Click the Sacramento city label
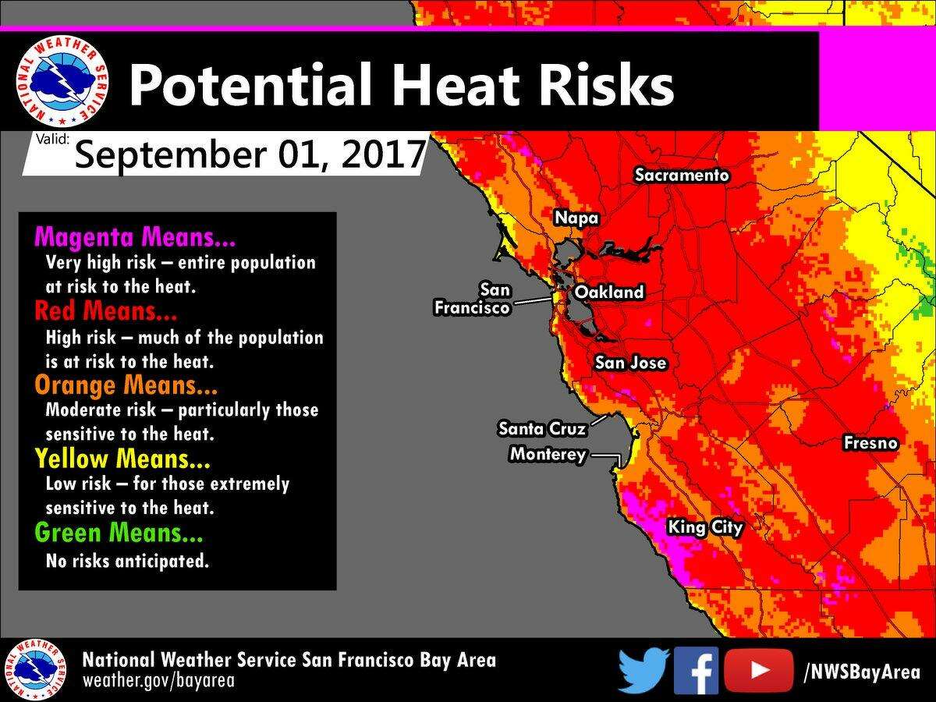(x=682, y=175)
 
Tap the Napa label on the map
(x=576, y=218)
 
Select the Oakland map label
(x=609, y=292)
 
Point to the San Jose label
(x=630, y=363)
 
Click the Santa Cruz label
(x=542, y=428)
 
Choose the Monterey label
(x=548, y=454)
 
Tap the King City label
(x=705, y=528)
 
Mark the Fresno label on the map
(x=870, y=444)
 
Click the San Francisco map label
(x=473, y=300)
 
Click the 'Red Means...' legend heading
(x=106, y=312)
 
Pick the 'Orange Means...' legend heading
(x=126, y=385)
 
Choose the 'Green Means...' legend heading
(x=119, y=534)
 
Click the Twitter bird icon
(x=643, y=670)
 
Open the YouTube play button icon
(x=758, y=670)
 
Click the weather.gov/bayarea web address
(x=159, y=680)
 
